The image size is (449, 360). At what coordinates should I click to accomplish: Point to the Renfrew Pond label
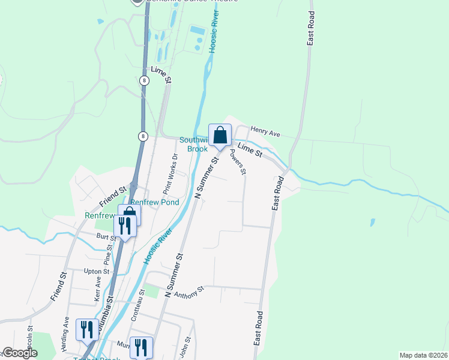pyautogui.click(x=155, y=203)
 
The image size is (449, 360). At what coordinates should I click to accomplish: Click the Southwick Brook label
pyautogui.click(x=193, y=144)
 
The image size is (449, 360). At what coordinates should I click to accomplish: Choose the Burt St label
pyautogui.click(x=106, y=237)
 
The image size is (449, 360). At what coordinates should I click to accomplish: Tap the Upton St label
pyautogui.click(x=97, y=271)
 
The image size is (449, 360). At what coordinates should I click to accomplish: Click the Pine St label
pyautogui.click(x=109, y=254)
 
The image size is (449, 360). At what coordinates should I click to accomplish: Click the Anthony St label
pyautogui.click(x=189, y=292)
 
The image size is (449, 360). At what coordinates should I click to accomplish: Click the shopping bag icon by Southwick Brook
pyautogui.click(x=220, y=134)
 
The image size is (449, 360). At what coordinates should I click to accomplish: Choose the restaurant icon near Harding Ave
pyautogui.click(x=87, y=329)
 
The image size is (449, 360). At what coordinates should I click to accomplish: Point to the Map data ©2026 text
pyautogui.click(x=423, y=355)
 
